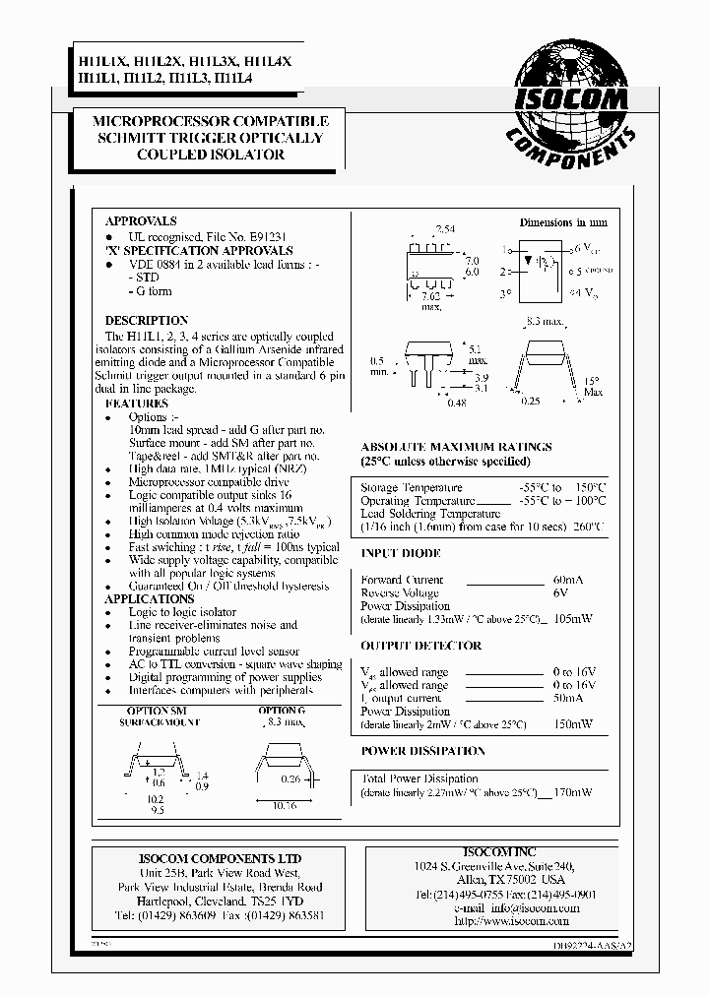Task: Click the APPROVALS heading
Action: tap(141, 221)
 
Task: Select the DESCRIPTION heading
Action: tap(147, 321)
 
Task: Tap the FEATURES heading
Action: tap(136, 404)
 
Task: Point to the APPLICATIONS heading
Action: tap(150, 598)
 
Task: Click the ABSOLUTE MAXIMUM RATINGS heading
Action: tap(456, 447)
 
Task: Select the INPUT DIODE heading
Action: tap(401, 554)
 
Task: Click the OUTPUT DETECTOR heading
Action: tap(420, 647)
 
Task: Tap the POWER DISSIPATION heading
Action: tap(422, 751)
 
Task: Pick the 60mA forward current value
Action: tap(566, 580)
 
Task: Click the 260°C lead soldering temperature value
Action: tap(588, 528)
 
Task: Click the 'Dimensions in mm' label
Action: tap(564, 223)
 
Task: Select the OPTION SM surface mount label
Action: tap(159, 711)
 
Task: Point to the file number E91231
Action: tap(261, 237)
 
